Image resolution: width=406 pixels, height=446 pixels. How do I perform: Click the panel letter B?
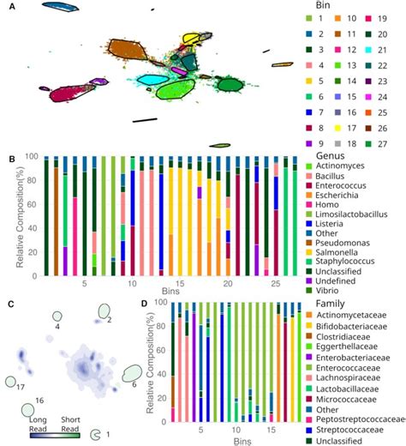(10, 158)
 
